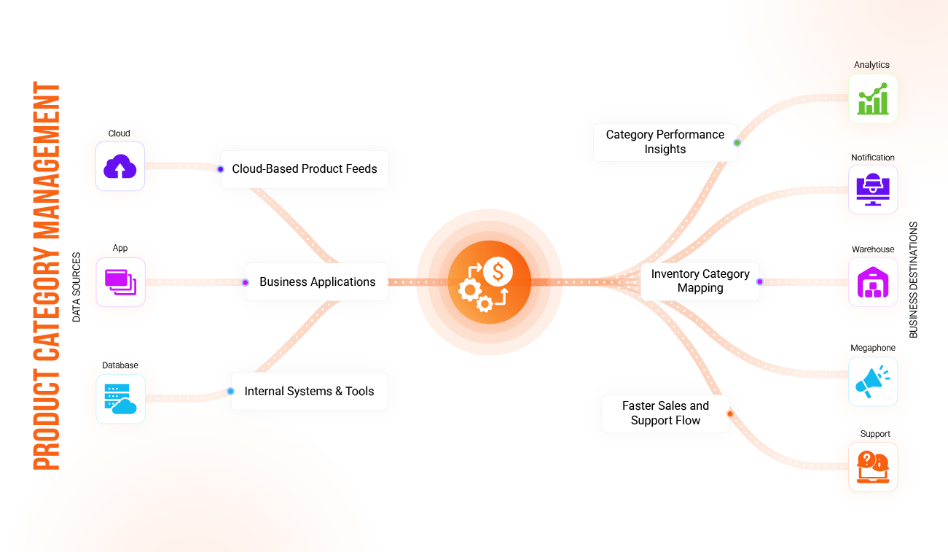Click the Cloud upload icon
click(x=120, y=167)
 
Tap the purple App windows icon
click(x=120, y=281)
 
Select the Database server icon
click(x=120, y=399)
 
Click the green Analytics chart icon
click(x=873, y=98)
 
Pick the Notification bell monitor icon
click(x=873, y=190)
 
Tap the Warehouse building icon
click(x=873, y=281)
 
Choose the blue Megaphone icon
click(x=873, y=381)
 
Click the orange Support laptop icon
click(x=873, y=467)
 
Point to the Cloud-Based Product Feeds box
click(x=305, y=169)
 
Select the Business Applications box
click(x=317, y=282)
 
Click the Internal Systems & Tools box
click(x=309, y=392)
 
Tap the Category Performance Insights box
click(x=665, y=142)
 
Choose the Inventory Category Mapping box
click(x=700, y=281)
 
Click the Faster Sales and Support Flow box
click(x=665, y=413)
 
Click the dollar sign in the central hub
click(x=498, y=273)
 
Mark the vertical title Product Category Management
click(x=47, y=276)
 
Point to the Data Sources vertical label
click(x=77, y=287)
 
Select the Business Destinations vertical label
click(x=914, y=280)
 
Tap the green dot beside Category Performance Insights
click(x=737, y=143)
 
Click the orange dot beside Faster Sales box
click(x=730, y=414)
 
